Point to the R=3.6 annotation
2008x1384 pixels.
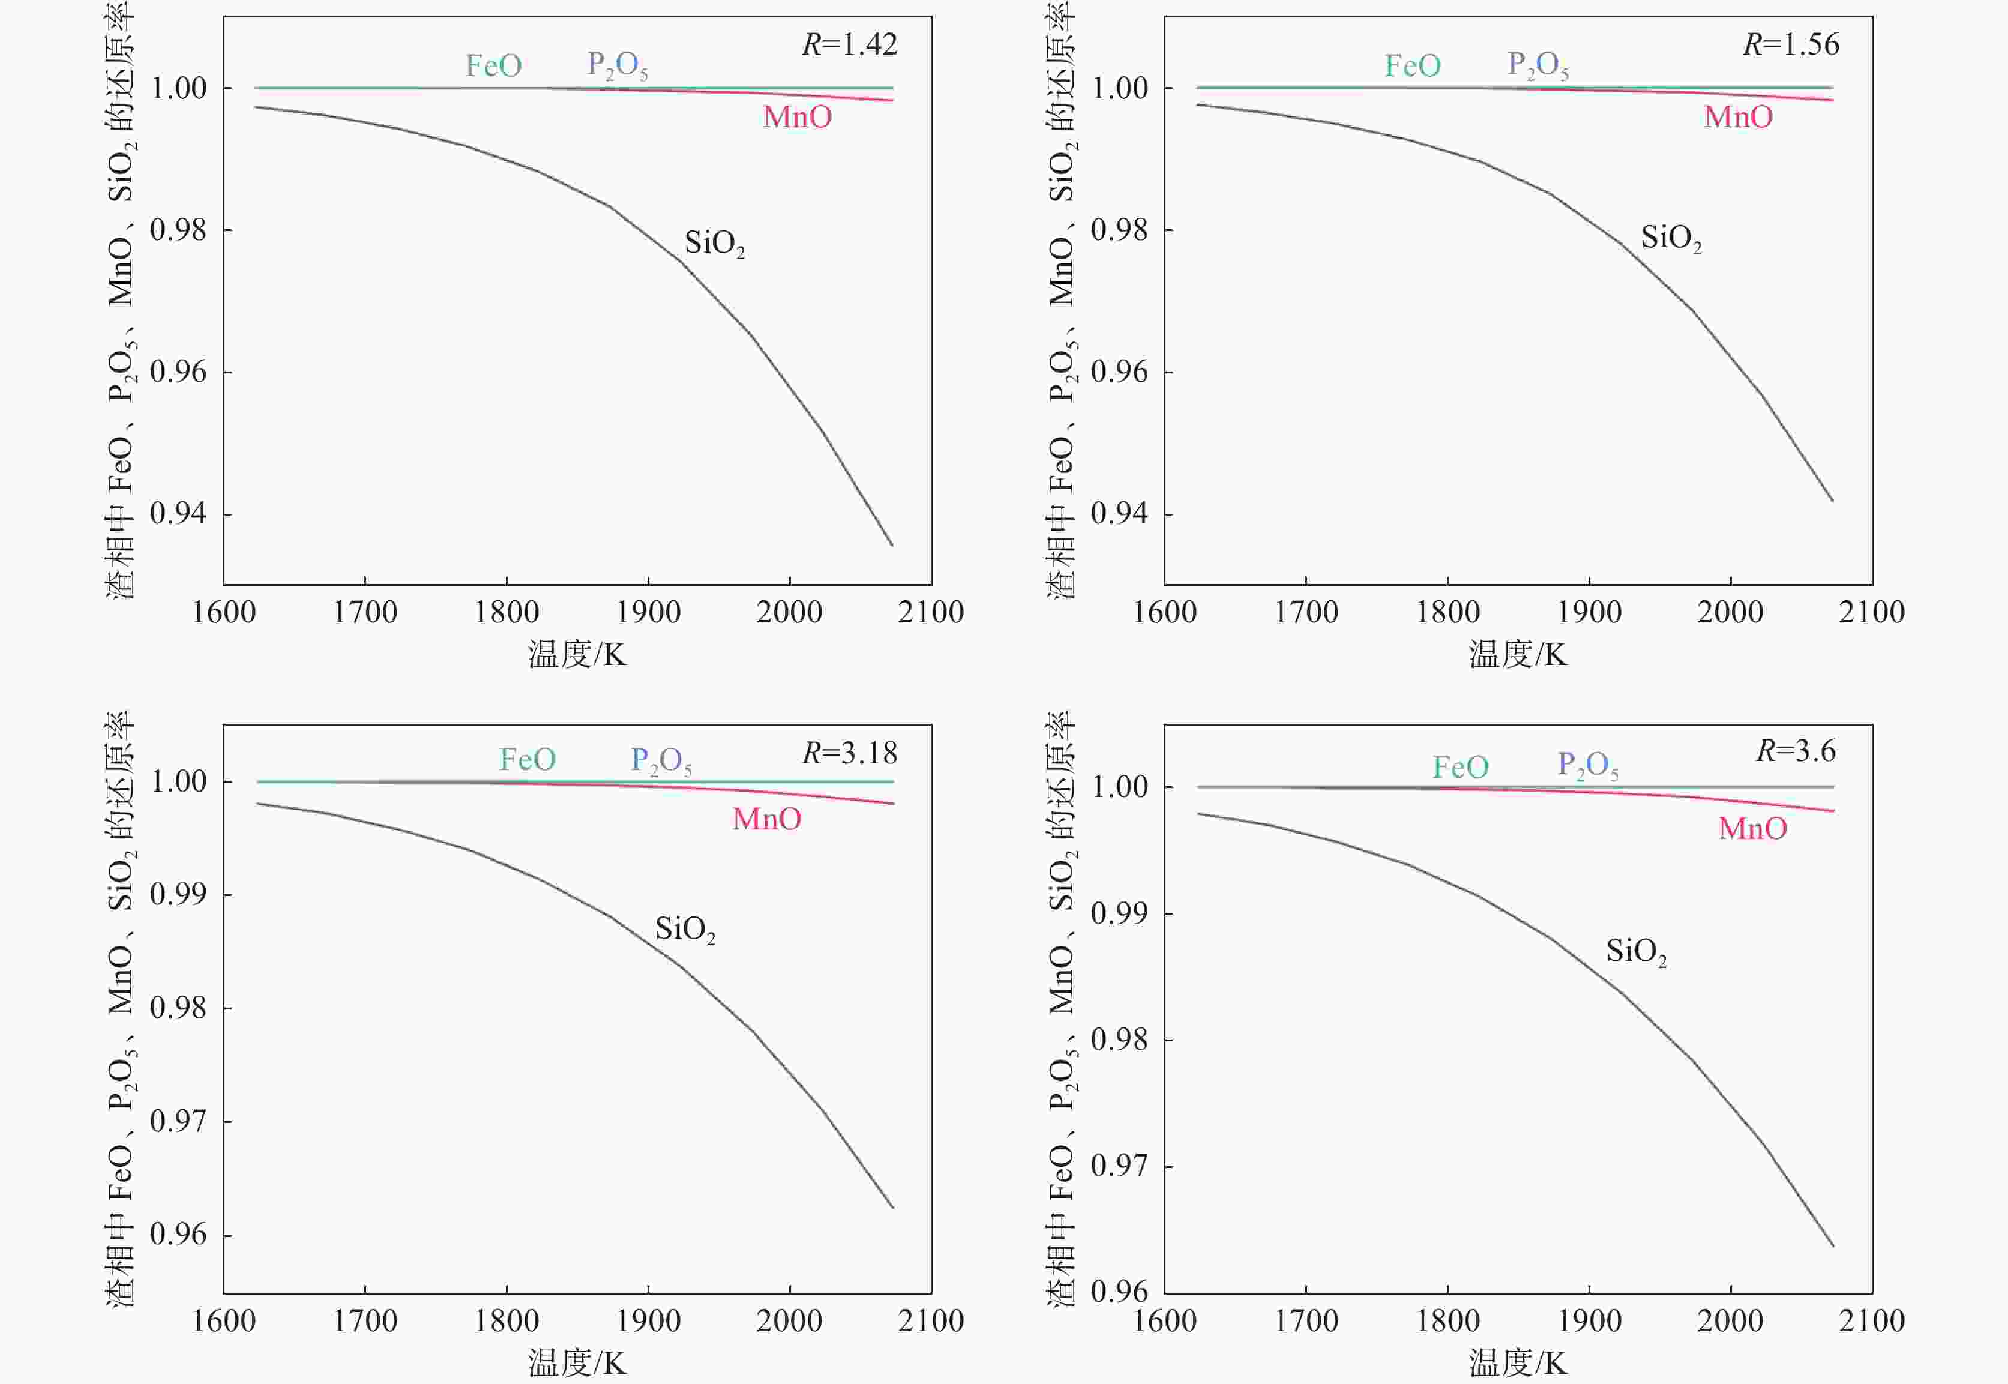click(x=1796, y=750)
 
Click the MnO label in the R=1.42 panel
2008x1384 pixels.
click(x=797, y=117)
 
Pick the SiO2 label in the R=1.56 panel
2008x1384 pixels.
click(x=1671, y=238)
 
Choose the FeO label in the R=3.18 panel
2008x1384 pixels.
click(x=527, y=760)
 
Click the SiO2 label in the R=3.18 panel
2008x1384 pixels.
click(x=685, y=930)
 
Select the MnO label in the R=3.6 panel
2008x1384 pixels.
click(x=1752, y=828)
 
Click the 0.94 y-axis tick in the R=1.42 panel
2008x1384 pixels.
click(x=179, y=513)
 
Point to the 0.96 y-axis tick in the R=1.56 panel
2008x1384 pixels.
click(x=1119, y=372)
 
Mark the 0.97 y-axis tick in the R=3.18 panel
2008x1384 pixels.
click(x=179, y=1121)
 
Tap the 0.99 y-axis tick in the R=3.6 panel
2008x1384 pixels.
click(x=1119, y=913)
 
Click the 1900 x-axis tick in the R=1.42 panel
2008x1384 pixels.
click(x=648, y=612)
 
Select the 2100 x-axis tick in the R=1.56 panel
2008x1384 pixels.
click(x=1872, y=612)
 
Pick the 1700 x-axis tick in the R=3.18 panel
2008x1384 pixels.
click(x=365, y=1321)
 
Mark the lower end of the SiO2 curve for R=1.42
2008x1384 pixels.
click(x=892, y=544)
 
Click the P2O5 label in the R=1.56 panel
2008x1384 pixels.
click(x=1538, y=65)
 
